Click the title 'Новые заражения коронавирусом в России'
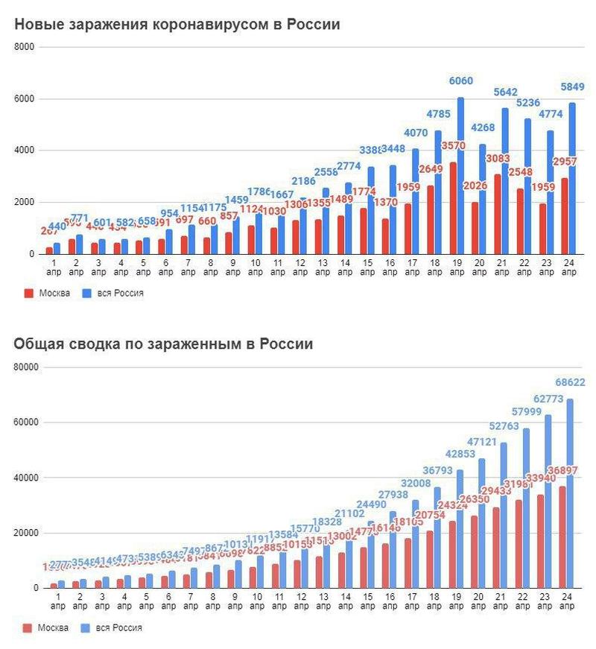pos(177,25)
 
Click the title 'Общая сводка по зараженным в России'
pos(163,344)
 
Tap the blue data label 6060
pos(460,81)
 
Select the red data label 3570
pos(452,146)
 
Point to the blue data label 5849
pos(572,87)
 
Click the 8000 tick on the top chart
pos(25,47)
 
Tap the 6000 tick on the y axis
pos(25,99)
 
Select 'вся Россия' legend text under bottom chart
pos(118,628)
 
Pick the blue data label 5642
pos(504,92)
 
